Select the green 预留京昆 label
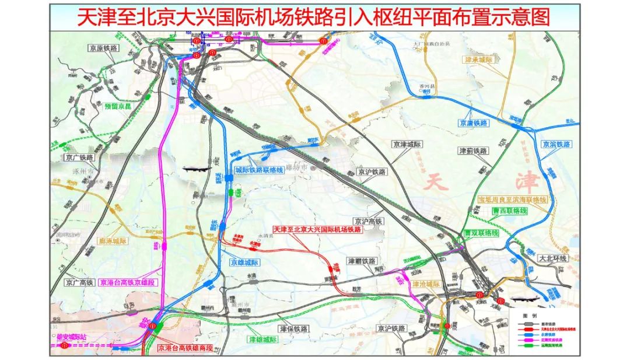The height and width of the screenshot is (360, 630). pos(120,107)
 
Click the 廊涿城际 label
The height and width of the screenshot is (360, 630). pos(113,241)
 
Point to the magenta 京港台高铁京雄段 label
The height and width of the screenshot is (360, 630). pos(128,282)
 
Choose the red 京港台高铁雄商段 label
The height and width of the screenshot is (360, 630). pos(185,348)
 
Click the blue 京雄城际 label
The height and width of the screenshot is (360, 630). pos(245,263)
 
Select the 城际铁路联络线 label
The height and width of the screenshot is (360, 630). pos(262,170)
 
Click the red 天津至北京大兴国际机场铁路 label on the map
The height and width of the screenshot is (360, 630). pos(317,230)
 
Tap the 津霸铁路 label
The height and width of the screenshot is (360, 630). pos(362,261)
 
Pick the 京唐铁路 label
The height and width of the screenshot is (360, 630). pos(473,123)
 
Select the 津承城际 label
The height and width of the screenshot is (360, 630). pos(479,60)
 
